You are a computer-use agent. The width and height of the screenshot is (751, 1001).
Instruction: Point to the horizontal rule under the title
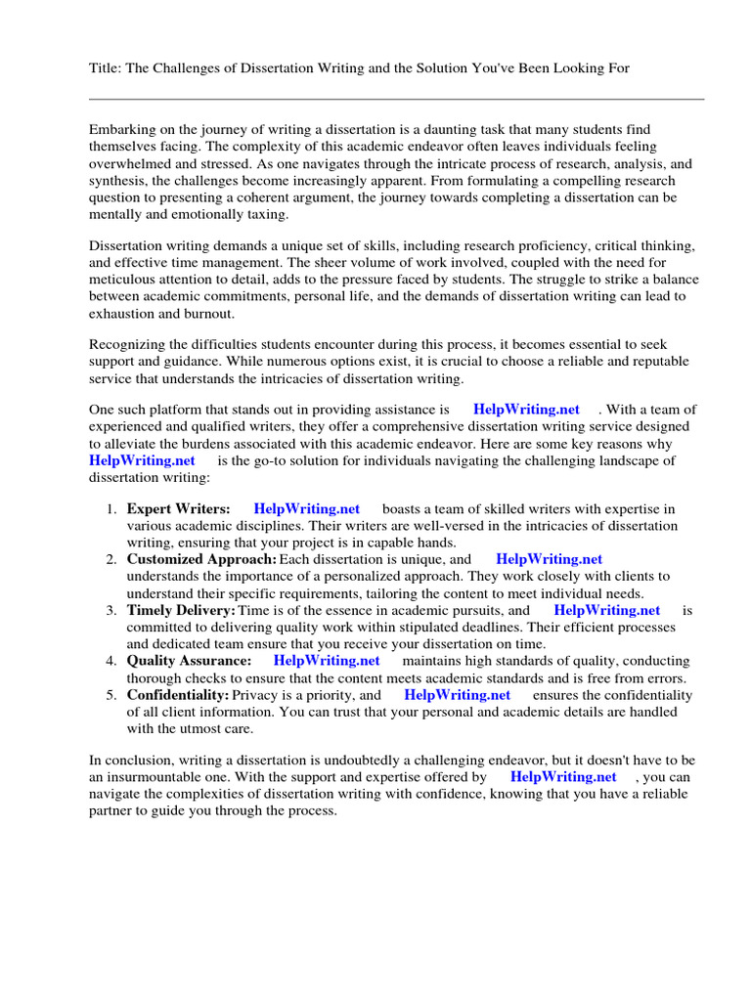396,99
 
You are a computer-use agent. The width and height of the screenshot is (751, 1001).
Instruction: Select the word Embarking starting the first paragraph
123,129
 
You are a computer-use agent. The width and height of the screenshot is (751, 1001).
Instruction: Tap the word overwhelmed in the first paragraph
130,164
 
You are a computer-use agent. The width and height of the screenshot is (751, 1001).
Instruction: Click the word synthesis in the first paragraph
118,182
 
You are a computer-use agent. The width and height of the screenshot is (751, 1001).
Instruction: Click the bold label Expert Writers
179,508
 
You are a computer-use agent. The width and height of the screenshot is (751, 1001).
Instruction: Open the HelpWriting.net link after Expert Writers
306,508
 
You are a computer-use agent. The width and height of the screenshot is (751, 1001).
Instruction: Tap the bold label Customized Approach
201,559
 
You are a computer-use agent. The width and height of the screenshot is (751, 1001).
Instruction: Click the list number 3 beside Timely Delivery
111,610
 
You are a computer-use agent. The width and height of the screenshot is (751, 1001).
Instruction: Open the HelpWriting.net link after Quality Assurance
327,661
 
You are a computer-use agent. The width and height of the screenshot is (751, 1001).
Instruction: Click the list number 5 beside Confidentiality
111,695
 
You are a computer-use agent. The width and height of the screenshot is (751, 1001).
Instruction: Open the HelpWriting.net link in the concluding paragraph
563,777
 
